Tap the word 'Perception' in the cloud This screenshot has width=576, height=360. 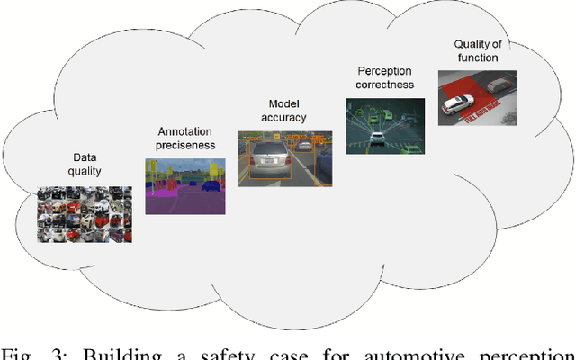[x=385, y=70]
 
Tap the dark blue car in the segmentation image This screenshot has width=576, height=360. [x=211, y=185]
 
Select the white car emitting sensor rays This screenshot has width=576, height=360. [x=376, y=137]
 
